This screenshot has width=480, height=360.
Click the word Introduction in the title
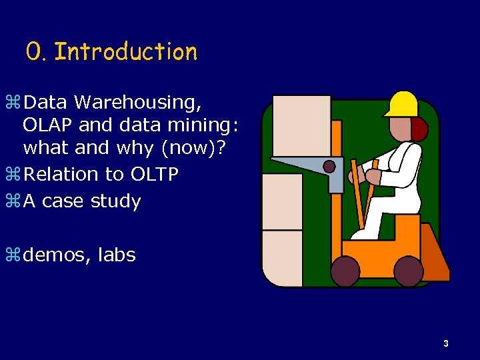(x=125, y=52)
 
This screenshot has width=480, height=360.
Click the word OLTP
(x=154, y=175)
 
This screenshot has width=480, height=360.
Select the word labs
(x=117, y=255)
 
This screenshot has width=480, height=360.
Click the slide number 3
(x=446, y=344)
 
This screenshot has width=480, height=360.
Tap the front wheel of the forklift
(x=345, y=271)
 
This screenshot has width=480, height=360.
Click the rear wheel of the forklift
(x=408, y=271)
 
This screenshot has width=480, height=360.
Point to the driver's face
(x=400, y=129)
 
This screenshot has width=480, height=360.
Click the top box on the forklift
(x=301, y=125)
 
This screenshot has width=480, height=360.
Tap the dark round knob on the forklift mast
(x=329, y=166)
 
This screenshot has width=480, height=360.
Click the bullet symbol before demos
(x=15, y=255)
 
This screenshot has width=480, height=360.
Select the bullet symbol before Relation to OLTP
(x=15, y=175)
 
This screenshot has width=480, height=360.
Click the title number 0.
(x=34, y=52)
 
